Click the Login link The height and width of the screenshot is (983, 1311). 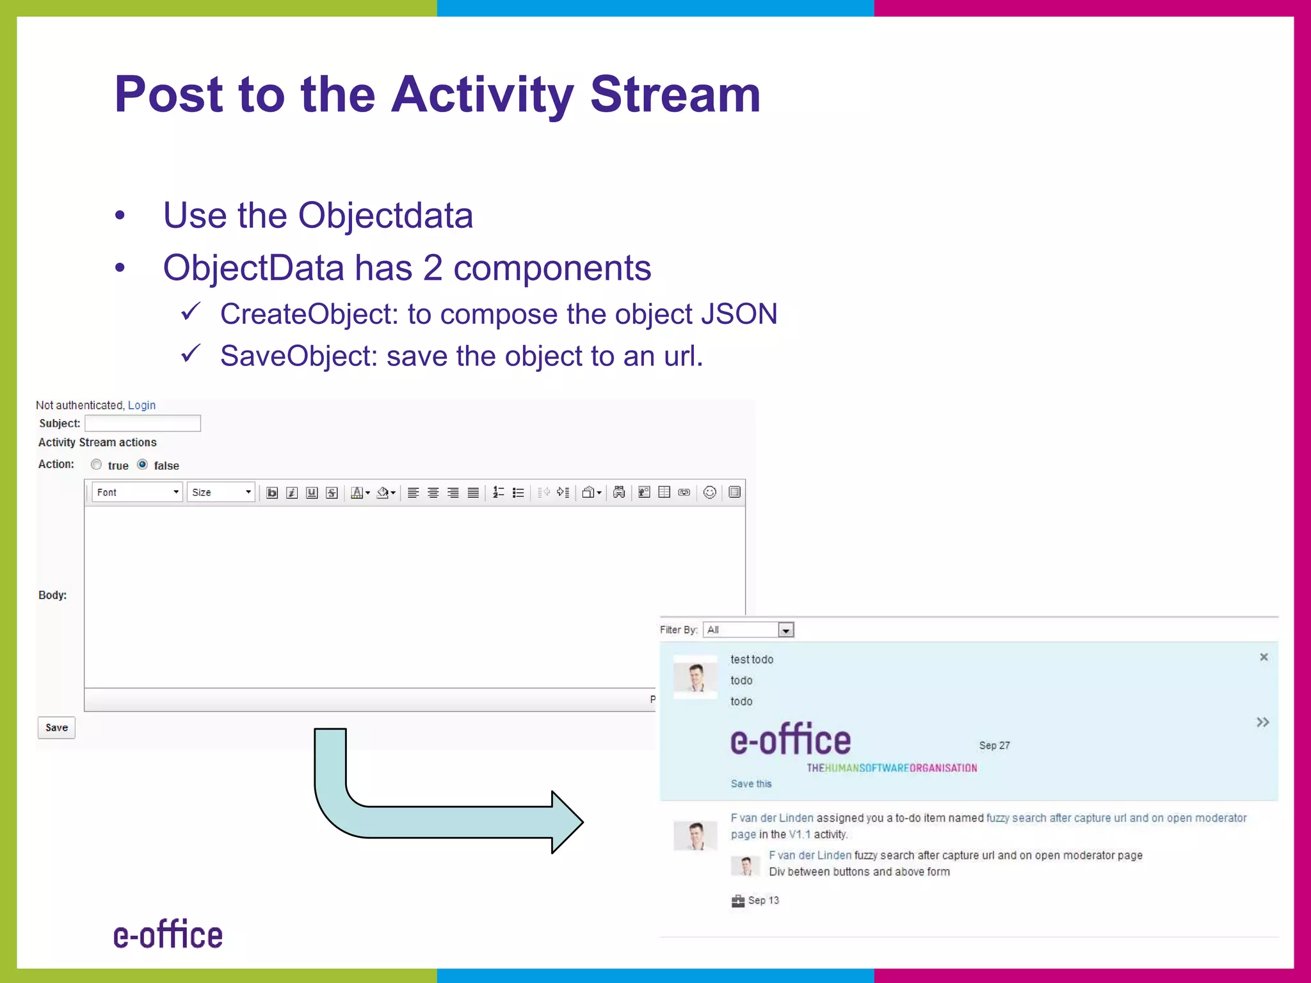(141, 405)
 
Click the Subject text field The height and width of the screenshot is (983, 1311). (143, 423)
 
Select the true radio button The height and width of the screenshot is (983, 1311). (96, 465)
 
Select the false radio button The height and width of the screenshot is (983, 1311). (143, 465)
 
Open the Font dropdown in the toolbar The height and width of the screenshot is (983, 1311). (137, 492)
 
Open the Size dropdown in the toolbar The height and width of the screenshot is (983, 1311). (221, 492)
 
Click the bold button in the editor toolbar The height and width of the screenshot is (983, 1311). (272, 492)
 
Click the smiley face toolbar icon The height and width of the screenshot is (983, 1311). (709, 492)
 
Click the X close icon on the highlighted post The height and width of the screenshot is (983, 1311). (1264, 657)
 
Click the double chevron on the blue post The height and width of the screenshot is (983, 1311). (1262, 723)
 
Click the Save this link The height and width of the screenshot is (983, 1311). (751, 784)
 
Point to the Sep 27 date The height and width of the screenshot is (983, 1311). (994, 746)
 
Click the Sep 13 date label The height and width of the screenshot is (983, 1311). (763, 900)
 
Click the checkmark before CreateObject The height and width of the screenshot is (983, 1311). (191, 312)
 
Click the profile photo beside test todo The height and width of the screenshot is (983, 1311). (696, 678)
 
